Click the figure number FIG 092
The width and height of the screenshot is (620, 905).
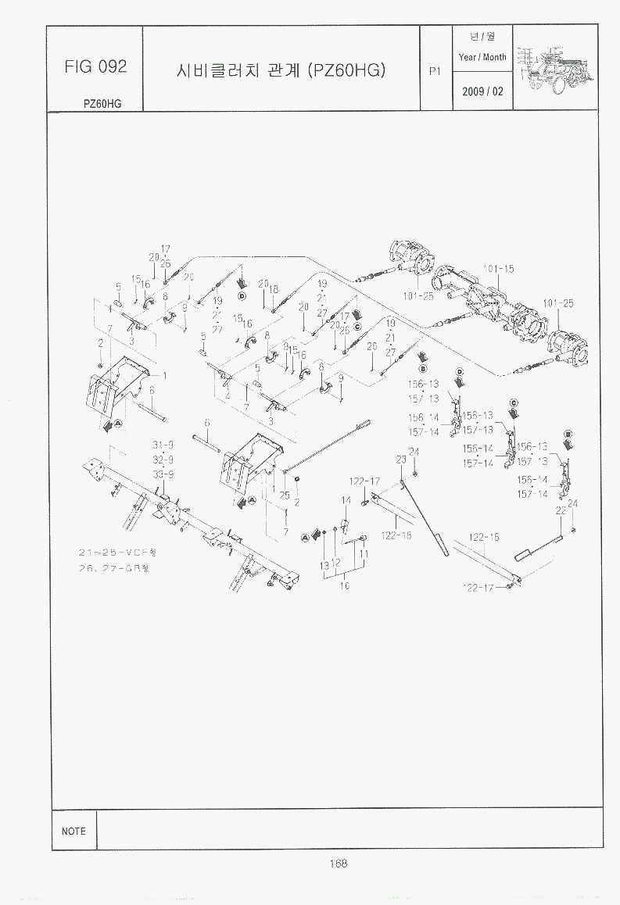tap(95, 67)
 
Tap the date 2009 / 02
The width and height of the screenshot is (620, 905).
tap(482, 91)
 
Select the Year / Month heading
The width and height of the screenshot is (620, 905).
tap(482, 57)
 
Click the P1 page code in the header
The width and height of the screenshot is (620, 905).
tap(436, 71)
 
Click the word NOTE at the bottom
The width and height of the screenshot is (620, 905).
tap(73, 831)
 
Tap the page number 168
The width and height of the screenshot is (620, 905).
tap(338, 863)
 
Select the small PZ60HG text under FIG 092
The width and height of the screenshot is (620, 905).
tap(102, 103)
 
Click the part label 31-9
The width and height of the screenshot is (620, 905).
tap(163, 445)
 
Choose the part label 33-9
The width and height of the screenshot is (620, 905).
tap(163, 474)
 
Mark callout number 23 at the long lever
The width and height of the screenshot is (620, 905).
tap(400, 460)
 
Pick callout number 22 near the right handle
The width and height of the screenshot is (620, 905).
tap(560, 510)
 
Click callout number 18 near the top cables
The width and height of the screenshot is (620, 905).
tap(274, 289)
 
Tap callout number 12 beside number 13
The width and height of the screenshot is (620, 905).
tap(335, 562)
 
